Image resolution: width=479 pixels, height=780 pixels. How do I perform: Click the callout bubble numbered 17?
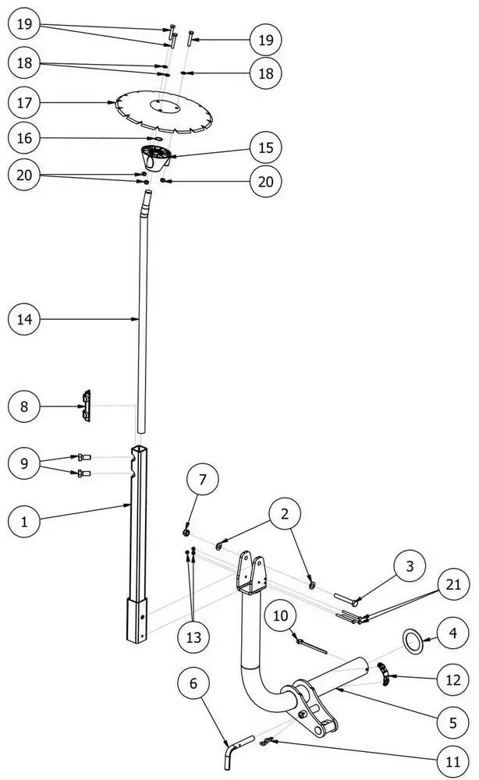pyautogui.click(x=24, y=102)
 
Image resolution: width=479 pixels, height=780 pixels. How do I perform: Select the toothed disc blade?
pyautogui.click(x=164, y=111)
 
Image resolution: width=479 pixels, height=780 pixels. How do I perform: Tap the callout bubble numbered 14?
pyautogui.click(x=24, y=319)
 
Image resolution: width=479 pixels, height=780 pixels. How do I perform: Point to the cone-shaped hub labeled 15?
pyautogui.click(x=157, y=155)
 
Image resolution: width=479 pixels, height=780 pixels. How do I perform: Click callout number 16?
pyautogui.click(x=24, y=138)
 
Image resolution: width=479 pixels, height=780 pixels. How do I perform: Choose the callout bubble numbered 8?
pyautogui.click(x=24, y=406)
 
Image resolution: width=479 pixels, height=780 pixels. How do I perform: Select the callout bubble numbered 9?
pyautogui.click(x=24, y=463)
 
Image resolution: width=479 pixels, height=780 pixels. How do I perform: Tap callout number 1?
pyautogui.click(x=24, y=522)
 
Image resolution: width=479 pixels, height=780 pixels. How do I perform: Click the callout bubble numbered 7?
pyautogui.click(x=202, y=479)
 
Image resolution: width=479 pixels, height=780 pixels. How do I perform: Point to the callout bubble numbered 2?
pyautogui.click(x=285, y=514)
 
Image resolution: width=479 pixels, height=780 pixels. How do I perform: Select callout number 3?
pyautogui.click(x=410, y=566)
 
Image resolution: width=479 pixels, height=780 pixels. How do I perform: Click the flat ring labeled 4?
pyautogui.click(x=413, y=642)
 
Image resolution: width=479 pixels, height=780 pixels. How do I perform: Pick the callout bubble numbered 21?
pyautogui.click(x=453, y=584)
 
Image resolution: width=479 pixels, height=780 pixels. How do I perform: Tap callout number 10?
pyautogui.click(x=281, y=616)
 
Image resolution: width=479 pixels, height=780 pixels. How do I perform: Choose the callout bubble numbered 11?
pyautogui.click(x=453, y=761)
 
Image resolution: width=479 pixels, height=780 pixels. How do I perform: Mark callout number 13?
pyautogui.click(x=193, y=636)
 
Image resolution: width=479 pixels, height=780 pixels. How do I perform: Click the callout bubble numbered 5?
pyautogui.click(x=453, y=722)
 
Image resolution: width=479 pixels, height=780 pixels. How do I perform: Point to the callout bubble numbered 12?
pyautogui.click(x=453, y=679)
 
